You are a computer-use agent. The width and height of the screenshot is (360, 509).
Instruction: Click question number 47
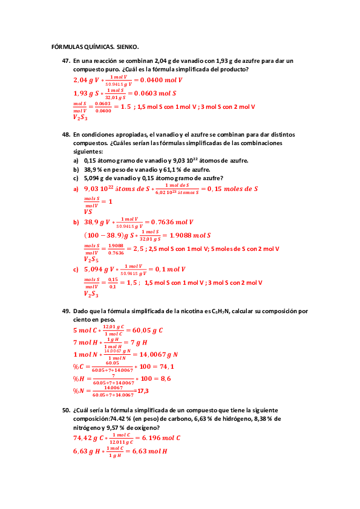66,61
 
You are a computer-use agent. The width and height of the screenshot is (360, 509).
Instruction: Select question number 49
66,311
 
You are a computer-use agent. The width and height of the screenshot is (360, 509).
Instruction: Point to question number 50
66,409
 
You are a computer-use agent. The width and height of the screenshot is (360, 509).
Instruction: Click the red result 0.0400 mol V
162,80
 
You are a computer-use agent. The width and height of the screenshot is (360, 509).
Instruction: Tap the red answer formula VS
88,212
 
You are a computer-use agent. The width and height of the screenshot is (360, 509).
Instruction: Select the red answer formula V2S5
90,259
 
